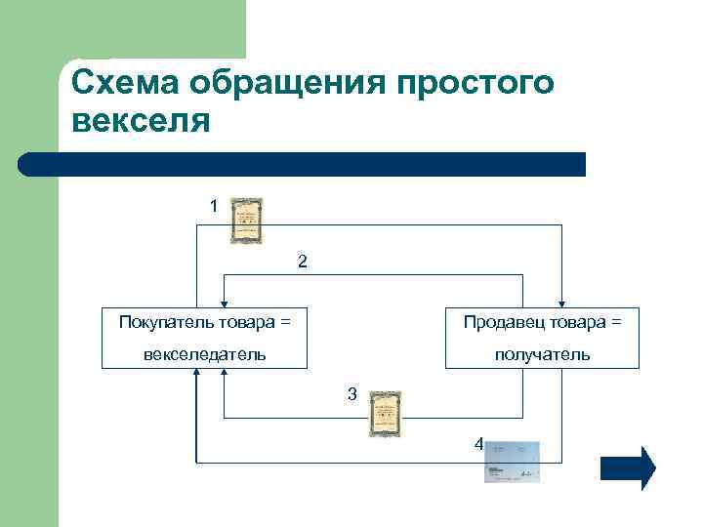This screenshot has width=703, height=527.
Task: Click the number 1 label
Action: [214, 206]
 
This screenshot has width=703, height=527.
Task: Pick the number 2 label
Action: [303, 262]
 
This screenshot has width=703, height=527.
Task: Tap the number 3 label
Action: [352, 393]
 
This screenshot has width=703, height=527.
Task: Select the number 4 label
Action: [477, 443]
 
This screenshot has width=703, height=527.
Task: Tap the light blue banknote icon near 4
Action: [513, 460]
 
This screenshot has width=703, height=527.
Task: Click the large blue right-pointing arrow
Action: [627, 467]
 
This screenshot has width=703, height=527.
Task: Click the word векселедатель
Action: [204, 353]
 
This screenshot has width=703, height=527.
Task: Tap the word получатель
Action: [542, 353]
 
